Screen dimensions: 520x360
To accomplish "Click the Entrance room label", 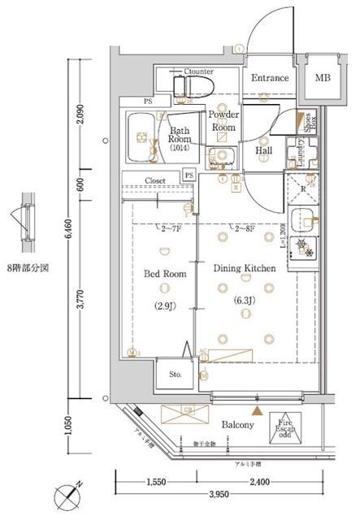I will (269, 78).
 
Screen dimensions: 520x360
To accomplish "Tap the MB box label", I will (323, 78).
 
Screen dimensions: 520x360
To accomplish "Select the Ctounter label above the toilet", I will (198, 71).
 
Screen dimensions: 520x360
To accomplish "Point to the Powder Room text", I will (223, 121).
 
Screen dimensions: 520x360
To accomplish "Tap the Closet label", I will (156, 180).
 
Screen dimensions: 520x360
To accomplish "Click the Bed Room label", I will (165, 275).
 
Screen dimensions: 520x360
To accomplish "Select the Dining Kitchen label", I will (245, 267).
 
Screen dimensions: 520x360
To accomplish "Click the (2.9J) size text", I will (165, 305).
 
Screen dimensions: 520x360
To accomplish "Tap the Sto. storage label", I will (176, 375).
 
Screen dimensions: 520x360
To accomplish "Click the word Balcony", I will (237, 425).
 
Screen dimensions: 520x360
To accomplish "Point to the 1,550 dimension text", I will (156, 482).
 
